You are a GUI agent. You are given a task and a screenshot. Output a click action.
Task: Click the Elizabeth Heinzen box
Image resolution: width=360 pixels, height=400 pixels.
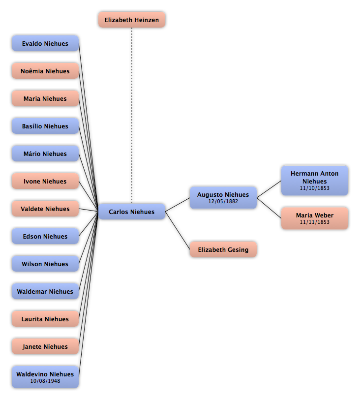tap(132, 20)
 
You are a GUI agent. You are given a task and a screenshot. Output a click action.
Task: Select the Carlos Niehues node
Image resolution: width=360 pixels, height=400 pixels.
tap(132, 212)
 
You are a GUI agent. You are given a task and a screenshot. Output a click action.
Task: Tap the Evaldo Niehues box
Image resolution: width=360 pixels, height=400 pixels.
tap(45, 43)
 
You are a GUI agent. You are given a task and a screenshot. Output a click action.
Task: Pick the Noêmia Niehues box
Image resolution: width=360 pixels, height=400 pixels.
tap(45, 71)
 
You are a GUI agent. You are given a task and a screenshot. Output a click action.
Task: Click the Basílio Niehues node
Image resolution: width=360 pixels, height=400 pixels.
tap(45, 126)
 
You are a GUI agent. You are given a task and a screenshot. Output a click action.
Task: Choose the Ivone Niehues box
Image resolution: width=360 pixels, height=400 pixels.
tap(45, 181)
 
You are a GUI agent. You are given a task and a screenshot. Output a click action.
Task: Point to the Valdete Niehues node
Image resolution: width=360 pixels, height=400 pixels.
tap(45, 209)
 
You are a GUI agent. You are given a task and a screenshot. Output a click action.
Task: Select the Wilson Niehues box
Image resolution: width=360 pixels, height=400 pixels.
tap(45, 264)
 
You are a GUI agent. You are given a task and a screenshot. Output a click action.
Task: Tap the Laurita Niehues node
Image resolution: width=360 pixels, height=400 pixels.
tap(45, 319)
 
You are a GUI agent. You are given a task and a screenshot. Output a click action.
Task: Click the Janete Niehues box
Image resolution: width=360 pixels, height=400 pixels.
tap(45, 346)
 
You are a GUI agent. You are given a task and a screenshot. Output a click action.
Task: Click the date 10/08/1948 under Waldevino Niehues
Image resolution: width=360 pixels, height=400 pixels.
tap(45, 381)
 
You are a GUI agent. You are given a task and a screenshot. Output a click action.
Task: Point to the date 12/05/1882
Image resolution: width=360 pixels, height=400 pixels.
tap(223, 201)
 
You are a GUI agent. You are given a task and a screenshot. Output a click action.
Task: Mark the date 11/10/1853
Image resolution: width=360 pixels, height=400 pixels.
tap(315, 188)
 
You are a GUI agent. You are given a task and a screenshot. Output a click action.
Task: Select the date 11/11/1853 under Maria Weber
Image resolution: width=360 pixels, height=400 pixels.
tap(315, 222)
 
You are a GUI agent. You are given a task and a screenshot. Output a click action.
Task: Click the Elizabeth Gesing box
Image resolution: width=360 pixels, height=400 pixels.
tap(223, 249)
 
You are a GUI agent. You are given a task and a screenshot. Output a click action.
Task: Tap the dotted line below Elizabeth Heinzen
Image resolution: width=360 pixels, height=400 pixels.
tap(132, 116)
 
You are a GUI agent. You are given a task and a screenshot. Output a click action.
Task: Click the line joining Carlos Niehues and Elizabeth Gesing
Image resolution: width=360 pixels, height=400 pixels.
tap(178, 230)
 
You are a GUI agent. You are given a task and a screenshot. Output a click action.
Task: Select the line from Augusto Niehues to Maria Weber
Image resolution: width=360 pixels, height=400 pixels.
tap(269, 208)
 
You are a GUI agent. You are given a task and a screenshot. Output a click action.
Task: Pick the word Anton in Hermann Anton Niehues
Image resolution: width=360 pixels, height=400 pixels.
tap(330, 174)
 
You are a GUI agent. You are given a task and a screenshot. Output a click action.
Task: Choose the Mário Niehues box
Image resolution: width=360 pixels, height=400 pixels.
tap(45, 154)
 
